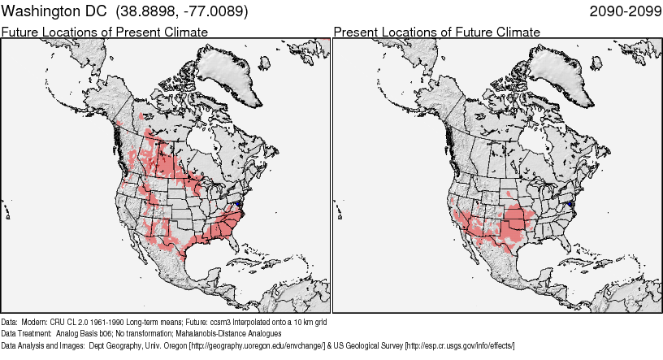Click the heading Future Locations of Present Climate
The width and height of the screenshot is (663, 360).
104,32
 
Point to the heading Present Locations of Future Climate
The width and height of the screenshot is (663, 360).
436,32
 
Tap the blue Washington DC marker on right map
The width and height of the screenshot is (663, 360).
572,203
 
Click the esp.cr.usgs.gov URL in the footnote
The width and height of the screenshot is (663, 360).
460,345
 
